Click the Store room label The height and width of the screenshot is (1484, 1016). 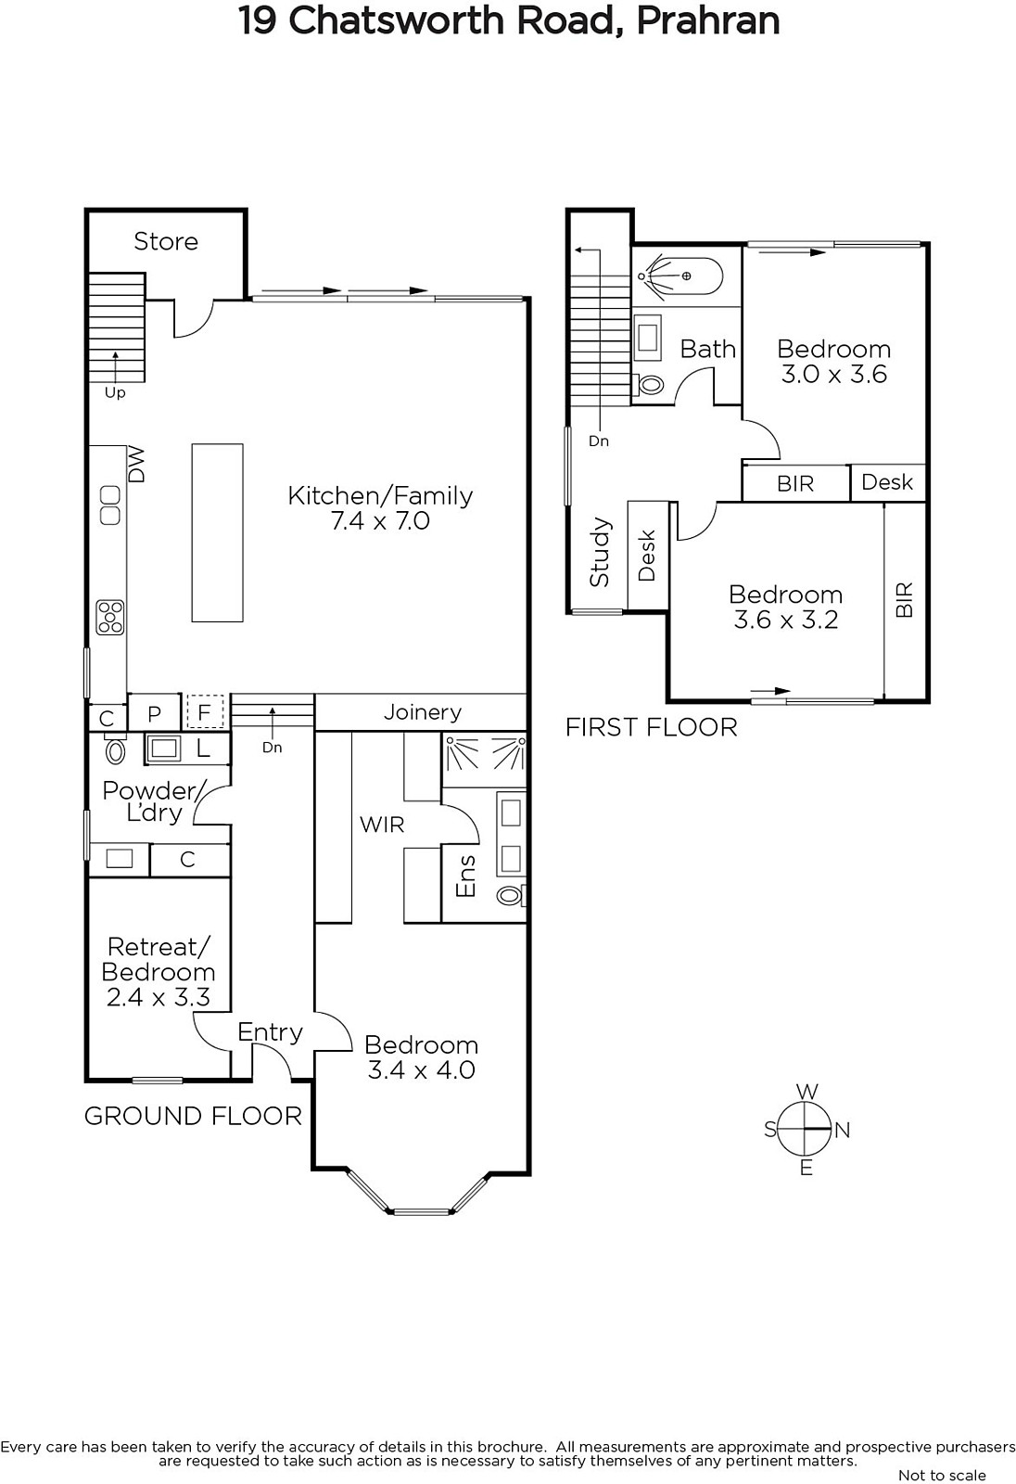pos(166,241)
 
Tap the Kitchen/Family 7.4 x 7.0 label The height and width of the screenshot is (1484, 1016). pos(380,508)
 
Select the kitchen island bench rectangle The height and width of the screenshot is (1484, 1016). pos(217,532)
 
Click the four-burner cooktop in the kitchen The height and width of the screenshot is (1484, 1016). pos(110,618)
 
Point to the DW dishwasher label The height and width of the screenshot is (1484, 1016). pos(136,465)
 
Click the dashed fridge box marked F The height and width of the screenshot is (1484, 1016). pos(205,711)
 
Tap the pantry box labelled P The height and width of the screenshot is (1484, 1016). pos(154,713)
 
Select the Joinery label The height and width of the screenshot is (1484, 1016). pos(423,712)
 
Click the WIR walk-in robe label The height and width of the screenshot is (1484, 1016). pos(382,825)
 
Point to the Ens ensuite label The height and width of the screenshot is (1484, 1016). pos(466,876)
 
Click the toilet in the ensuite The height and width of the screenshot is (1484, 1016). pos(512,896)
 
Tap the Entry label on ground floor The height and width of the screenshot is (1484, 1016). pos(271,1032)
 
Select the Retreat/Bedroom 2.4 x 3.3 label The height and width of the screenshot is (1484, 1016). pos(159,972)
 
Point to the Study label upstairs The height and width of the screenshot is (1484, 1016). pos(600,552)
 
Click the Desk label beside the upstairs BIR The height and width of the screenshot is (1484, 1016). pos(887,481)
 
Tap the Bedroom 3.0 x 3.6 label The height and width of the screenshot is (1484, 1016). pos(834,362)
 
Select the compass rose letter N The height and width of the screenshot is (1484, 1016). pos(843,1131)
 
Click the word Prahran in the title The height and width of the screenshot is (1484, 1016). pos(708,21)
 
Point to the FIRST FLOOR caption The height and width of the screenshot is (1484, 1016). pos(651,727)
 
